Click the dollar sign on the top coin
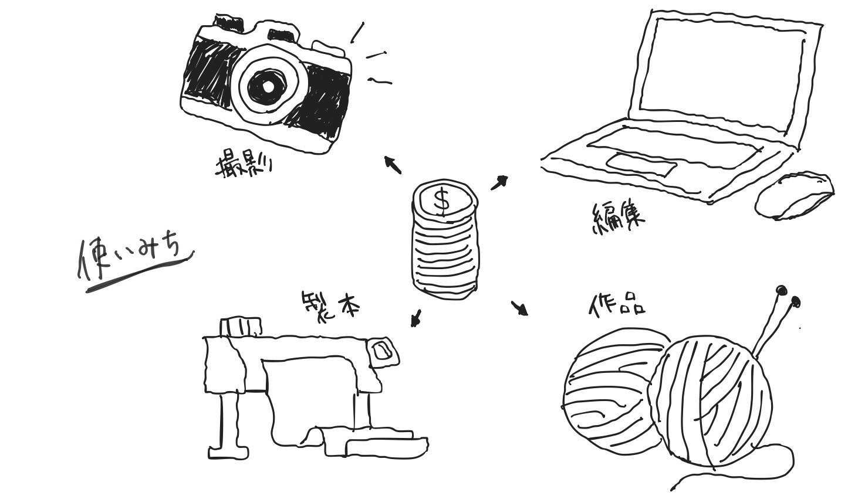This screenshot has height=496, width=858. tap(442, 201)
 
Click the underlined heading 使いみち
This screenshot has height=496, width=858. tap(132, 259)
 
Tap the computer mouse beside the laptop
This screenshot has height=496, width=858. tap(793, 196)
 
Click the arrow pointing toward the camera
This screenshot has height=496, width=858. tap(393, 165)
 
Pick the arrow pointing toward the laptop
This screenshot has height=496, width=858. tap(499, 182)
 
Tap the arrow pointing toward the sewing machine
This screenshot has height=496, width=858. tap(416, 318)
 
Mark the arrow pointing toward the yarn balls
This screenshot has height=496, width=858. tap(519, 308)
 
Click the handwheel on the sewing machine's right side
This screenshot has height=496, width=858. tap(382, 352)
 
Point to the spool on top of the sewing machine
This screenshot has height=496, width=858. tap(241, 326)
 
